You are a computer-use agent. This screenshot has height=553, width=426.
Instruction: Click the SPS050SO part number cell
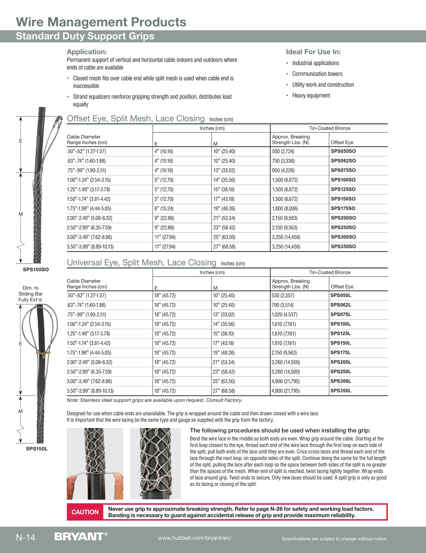point(343,151)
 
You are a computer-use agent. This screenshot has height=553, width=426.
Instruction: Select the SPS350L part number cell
point(341,391)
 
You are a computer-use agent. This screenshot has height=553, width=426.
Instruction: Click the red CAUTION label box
point(85,512)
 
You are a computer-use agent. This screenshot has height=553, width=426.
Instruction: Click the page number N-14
point(25,537)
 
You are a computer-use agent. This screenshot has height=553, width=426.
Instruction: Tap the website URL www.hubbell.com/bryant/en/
point(195,538)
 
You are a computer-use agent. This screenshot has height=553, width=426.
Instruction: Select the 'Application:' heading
point(87,52)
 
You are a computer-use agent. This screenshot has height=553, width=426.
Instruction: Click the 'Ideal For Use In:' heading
point(313,52)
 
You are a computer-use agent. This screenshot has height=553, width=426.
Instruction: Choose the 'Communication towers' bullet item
point(317,74)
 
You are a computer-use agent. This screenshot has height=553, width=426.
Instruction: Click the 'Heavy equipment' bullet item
point(311,95)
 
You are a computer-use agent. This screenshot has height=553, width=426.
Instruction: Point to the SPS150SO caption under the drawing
point(36,269)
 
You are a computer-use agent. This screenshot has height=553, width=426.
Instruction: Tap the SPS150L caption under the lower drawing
point(37,449)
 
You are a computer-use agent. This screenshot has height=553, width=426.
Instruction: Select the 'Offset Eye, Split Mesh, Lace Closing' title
point(136,119)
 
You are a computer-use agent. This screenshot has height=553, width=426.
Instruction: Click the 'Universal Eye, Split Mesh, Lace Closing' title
point(141,263)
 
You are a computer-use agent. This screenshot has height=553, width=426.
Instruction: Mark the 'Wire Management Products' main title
point(101,22)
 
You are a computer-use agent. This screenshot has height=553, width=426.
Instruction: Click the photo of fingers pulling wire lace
point(95,463)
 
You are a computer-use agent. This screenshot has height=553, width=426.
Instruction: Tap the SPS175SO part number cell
point(343,208)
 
